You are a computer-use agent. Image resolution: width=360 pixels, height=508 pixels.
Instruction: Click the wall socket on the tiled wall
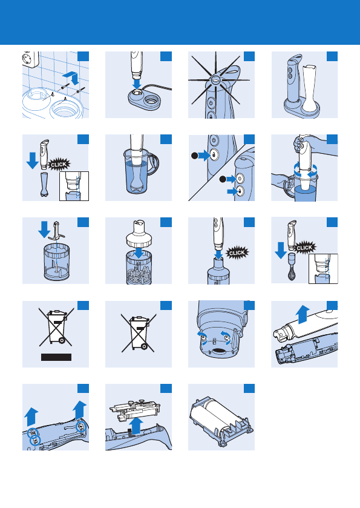coord(30,58)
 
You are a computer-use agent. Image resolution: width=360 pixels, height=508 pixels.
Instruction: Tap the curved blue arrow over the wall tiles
coord(71,78)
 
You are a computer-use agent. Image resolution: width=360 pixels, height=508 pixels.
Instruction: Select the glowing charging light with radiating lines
coord(215,79)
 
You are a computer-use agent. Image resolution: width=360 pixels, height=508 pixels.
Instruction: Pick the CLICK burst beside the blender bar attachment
coord(59,164)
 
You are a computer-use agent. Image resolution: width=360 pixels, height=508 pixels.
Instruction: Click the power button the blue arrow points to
coord(240,179)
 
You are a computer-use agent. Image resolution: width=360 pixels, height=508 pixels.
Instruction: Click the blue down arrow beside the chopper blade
coord(44,229)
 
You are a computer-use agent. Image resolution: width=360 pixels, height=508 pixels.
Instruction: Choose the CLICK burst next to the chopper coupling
coord(237,252)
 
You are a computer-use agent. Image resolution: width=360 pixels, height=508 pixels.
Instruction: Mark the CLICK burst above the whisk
coord(304,248)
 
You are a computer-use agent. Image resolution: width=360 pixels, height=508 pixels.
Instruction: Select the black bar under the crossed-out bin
coord(56,357)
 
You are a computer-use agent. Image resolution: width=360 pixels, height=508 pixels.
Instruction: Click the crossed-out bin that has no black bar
coord(139,333)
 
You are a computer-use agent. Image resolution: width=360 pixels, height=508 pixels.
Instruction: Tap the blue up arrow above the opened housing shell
coord(303,314)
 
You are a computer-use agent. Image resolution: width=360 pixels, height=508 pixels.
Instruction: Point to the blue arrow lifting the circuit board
coord(137,425)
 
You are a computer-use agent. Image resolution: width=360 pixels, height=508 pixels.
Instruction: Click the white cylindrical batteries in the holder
coord(214,415)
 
